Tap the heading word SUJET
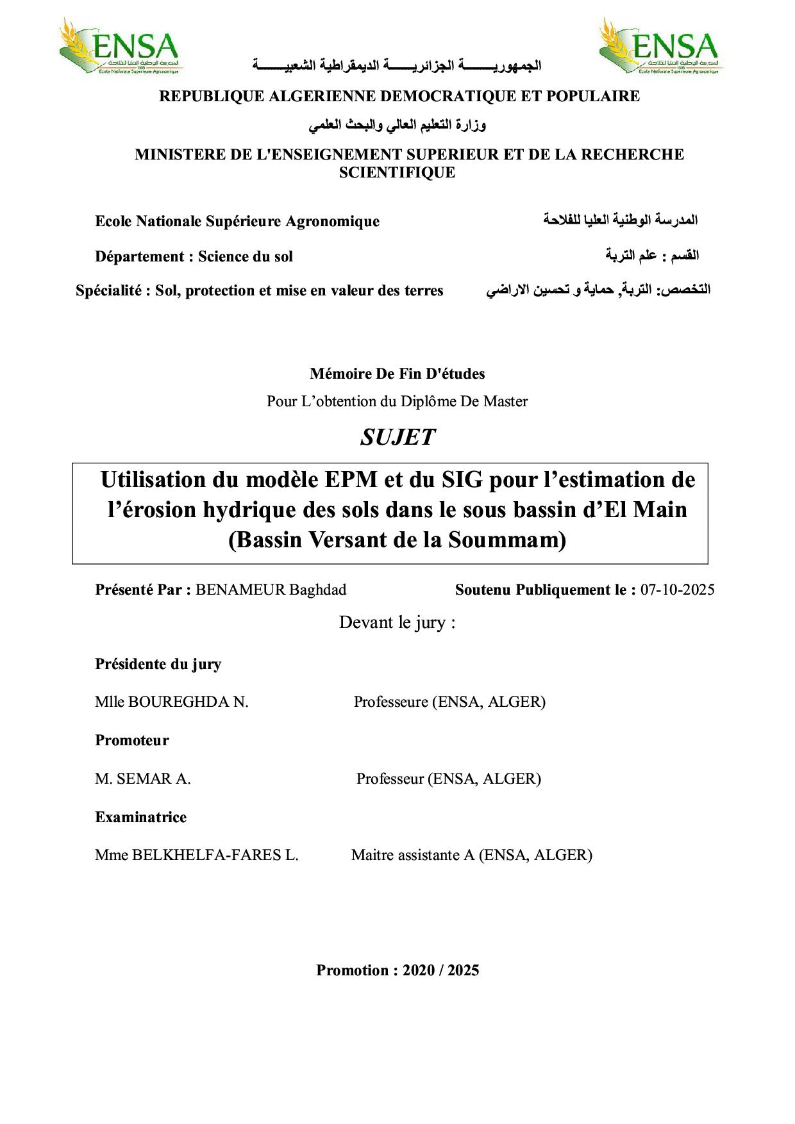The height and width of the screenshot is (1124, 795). coord(397,437)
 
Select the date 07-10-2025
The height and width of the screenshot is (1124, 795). coord(677,590)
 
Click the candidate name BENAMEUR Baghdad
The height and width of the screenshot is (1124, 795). coord(271,590)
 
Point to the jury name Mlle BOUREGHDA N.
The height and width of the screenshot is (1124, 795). coord(172,702)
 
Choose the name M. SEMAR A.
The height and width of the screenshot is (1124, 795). coord(143,779)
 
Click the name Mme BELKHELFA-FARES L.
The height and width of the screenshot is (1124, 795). coord(197,855)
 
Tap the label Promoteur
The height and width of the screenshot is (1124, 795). coord(132,740)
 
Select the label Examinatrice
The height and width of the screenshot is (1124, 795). coord(141,817)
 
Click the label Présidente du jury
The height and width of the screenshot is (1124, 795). coord(158,664)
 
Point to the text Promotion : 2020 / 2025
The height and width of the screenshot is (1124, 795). coord(397,970)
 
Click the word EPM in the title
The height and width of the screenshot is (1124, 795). coord(351,479)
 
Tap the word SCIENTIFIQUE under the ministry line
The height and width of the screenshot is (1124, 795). coord(397,172)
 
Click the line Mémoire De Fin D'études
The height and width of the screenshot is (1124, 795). coord(397,374)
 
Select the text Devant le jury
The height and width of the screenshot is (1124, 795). coord(397,622)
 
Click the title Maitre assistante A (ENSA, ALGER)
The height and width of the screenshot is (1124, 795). coord(472,855)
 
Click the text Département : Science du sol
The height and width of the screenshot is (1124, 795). coord(194,256)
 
